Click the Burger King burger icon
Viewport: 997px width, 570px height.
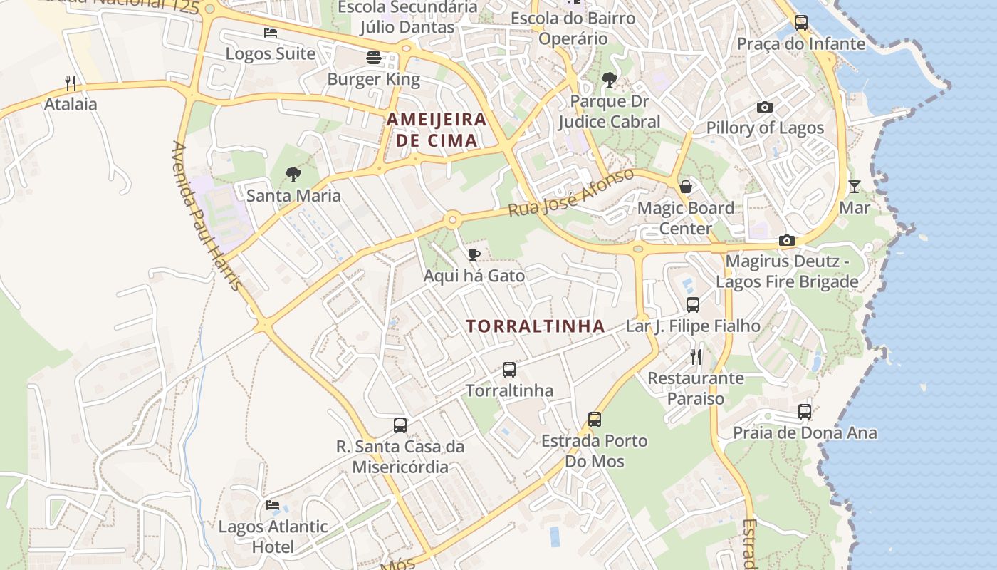point(374,58)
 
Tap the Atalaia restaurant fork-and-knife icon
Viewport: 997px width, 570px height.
point(71,83)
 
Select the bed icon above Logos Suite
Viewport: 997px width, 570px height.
point(270,33)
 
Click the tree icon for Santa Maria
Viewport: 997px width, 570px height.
point(293,174)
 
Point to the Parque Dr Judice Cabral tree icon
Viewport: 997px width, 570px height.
point(609,80)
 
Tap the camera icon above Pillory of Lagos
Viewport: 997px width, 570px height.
point(765,107)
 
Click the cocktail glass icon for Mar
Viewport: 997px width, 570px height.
point(855,187)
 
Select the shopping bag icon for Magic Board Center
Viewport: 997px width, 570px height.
point(685,187)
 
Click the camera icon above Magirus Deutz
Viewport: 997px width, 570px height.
point(787,240)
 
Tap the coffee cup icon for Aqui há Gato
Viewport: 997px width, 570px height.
point(474,254)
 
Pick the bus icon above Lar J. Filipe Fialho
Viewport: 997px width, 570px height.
point(693,305)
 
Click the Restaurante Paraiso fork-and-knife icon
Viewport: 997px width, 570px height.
point(696,356)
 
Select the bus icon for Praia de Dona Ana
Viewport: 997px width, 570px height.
point(805,412)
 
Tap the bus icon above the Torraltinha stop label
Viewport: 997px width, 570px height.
point(509,370)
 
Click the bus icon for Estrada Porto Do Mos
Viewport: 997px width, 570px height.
point(595,420)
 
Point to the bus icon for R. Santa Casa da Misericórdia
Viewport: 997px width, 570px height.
point(400,425)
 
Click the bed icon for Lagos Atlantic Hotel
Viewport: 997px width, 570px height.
point(273,505)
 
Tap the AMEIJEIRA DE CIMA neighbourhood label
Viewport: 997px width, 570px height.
point(437,130)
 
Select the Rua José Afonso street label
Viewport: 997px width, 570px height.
point(570,193)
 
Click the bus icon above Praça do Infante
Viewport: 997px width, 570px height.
point(801,23)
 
